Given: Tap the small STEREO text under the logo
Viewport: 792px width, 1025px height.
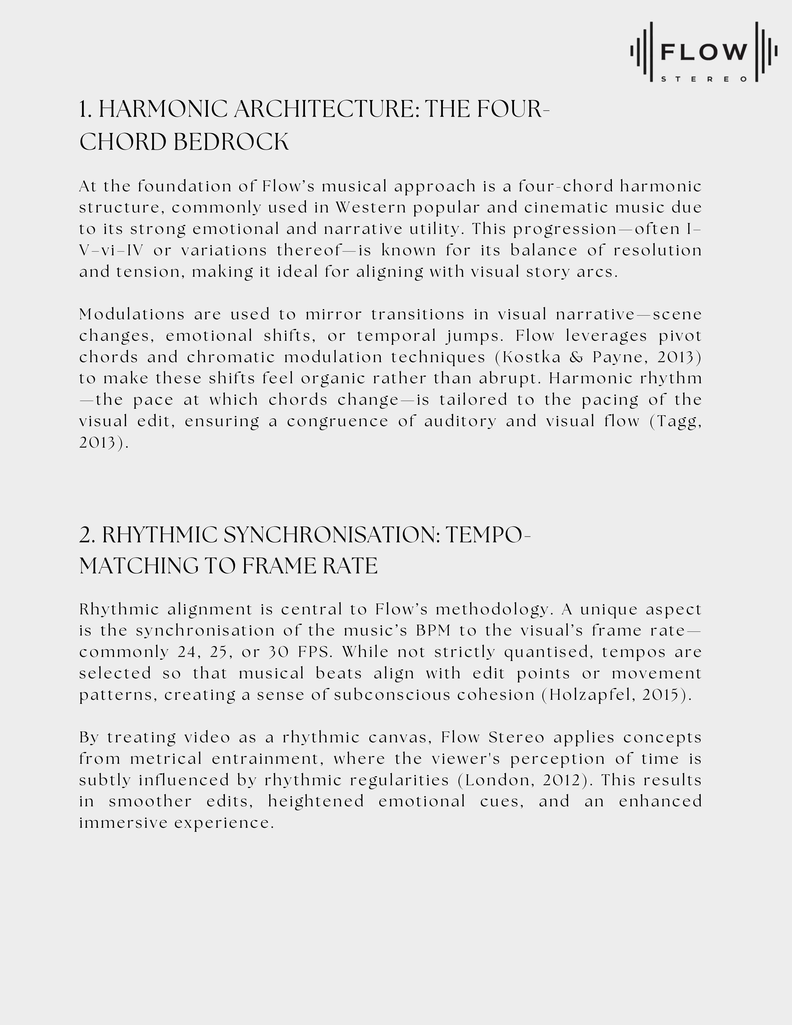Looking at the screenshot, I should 704,79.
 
